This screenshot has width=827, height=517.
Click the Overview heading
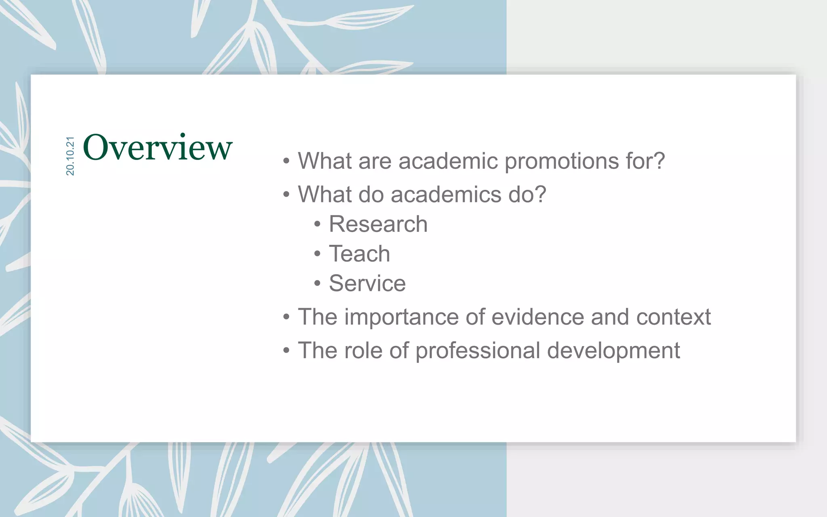point(157,147)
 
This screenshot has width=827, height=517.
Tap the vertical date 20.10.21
point(70,156)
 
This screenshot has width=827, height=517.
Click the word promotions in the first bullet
point(562,161)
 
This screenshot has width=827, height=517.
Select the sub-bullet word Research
point(378,224)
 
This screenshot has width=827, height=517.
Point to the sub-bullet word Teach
point(359,254)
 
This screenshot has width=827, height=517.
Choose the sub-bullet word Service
point(367,283)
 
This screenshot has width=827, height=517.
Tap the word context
point(673,317)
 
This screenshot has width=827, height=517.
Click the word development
point(613,351)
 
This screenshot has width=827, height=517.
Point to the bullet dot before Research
point(317,224)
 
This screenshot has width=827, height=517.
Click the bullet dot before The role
point(286,350)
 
